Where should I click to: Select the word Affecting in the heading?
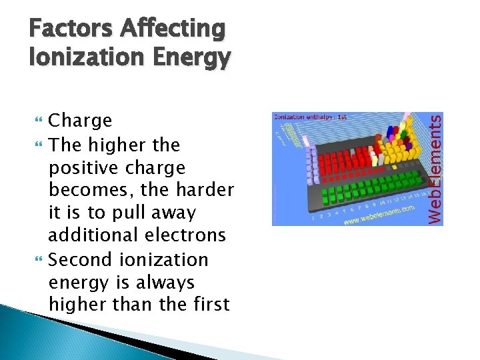[172, 29]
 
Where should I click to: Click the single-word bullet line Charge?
[81, 121]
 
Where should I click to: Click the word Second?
[81, 259]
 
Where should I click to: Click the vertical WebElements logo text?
[434, 169]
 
